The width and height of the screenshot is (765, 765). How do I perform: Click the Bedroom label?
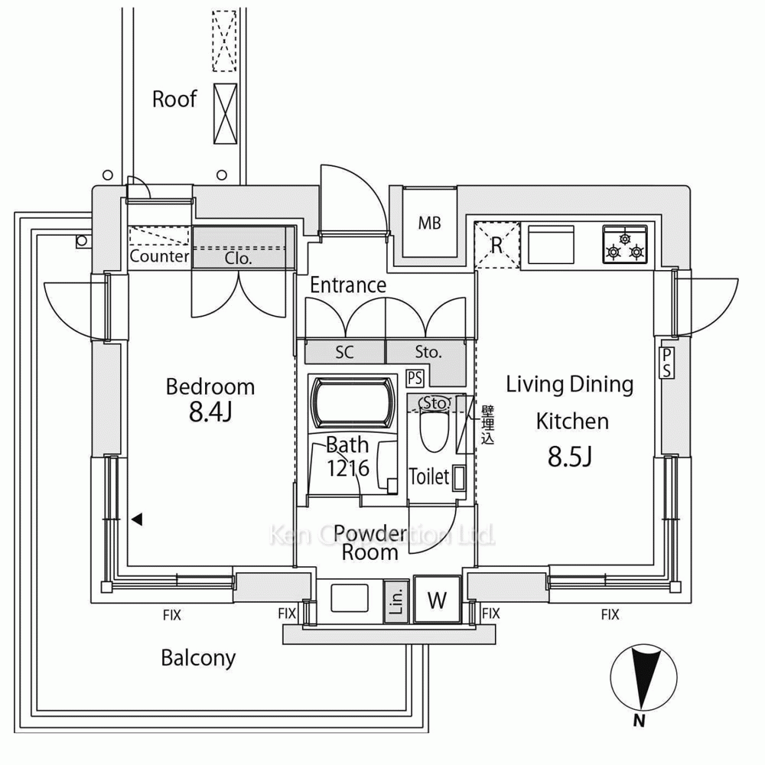pos(210,386)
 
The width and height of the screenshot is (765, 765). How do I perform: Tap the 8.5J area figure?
pos(570,457)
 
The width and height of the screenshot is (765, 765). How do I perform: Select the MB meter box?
pos(429,223)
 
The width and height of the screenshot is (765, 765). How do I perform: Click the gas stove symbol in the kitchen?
pos(625,244)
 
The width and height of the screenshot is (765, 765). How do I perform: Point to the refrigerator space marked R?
pos(496,246)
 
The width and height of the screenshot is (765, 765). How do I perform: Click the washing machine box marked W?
pos(436,601)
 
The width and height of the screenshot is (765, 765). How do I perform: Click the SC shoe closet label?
pos(344,353)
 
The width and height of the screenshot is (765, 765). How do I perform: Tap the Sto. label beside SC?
pos(428,353)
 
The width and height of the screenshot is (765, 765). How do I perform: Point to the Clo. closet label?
pos(238,258)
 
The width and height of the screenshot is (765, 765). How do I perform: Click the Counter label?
pos(159,256)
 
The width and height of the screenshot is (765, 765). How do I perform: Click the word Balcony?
pos(198,658)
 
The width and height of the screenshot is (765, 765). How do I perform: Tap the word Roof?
pos(174,99)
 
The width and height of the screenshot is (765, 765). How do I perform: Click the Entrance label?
pos(348,285)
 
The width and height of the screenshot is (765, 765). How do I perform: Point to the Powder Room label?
pos(370,542)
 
